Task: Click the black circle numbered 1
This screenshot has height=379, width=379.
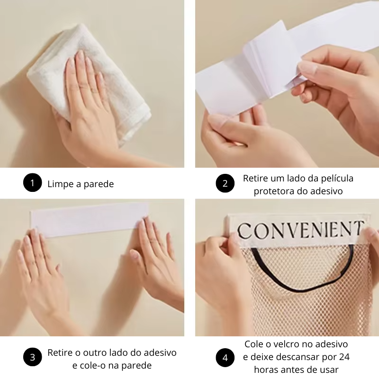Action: [32, 182]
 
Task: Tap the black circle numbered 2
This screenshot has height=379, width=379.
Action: [225, 183]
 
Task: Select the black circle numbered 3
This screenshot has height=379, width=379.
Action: [32, 357]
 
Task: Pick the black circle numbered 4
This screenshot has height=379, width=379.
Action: [225, 358]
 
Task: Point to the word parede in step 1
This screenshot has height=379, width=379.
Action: [99, 184]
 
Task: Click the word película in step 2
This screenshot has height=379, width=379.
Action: [337, 179]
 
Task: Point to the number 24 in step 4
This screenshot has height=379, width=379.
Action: [344, 357]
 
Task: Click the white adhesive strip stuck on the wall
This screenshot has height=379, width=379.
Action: [90, 219]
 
